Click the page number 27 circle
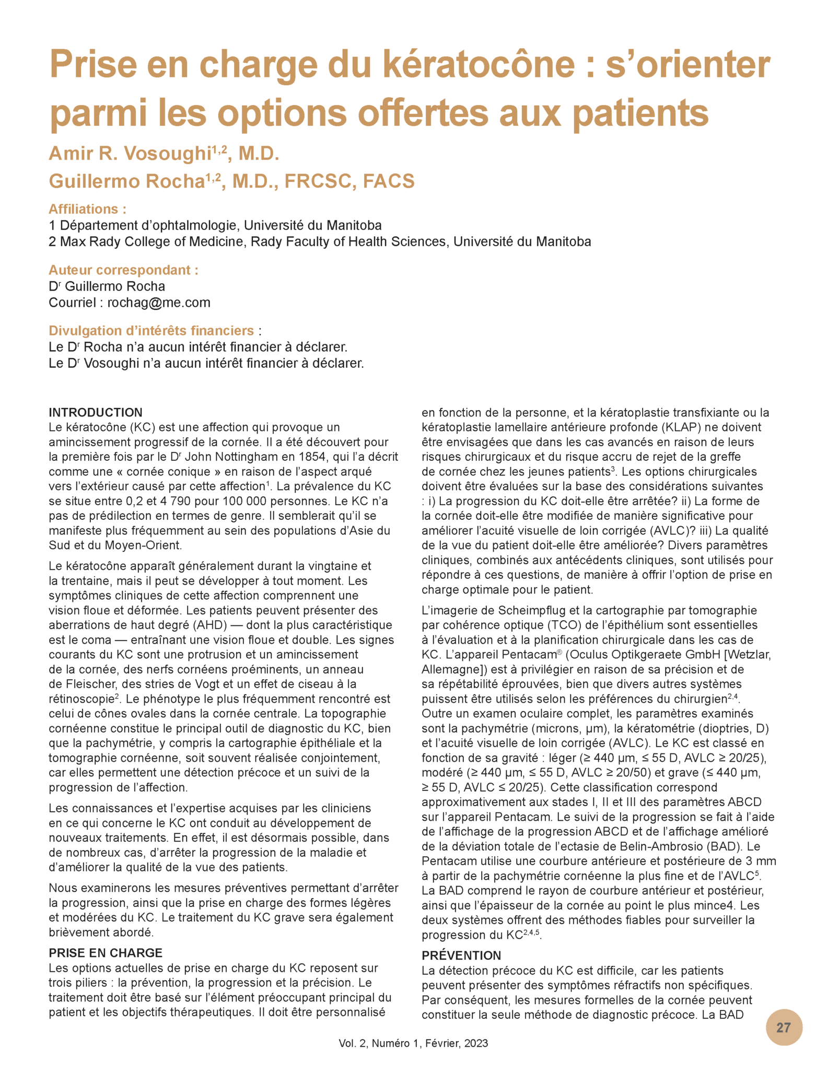783,1027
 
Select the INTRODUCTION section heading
96,412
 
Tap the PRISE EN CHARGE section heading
106,952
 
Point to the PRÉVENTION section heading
461,955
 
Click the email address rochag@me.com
159,303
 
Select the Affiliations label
87,209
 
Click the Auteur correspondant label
123,270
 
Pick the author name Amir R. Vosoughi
130,154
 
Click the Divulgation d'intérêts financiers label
152,331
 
